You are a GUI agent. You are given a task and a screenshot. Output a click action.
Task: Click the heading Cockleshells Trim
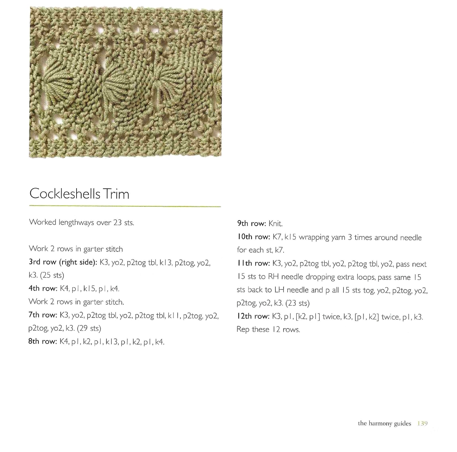pos(79,194)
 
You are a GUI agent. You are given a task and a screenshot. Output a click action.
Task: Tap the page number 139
pos(422,423)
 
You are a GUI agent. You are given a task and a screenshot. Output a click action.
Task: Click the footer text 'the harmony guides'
pos(384,423)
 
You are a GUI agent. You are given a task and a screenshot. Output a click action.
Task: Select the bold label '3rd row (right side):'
pos(63,262)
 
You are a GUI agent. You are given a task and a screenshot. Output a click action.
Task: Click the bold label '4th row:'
pos(43,288)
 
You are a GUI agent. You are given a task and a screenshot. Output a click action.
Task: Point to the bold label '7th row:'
pos(43,315)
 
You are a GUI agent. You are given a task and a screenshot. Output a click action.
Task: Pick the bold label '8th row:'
pos(43,341)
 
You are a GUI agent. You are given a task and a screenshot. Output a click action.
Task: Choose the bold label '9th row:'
pos(251,223)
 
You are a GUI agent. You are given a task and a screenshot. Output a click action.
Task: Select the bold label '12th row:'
pos(253,316)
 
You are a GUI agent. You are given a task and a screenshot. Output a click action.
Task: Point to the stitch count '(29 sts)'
pos(89,328)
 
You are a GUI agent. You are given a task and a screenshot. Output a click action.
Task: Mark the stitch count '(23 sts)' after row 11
pos(297,303)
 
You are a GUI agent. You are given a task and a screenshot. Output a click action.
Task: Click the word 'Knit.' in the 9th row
pos(275,223)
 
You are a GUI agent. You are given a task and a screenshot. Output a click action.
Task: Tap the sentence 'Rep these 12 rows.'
pos(268,330)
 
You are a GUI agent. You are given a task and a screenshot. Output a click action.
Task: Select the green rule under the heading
pos(125,206)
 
